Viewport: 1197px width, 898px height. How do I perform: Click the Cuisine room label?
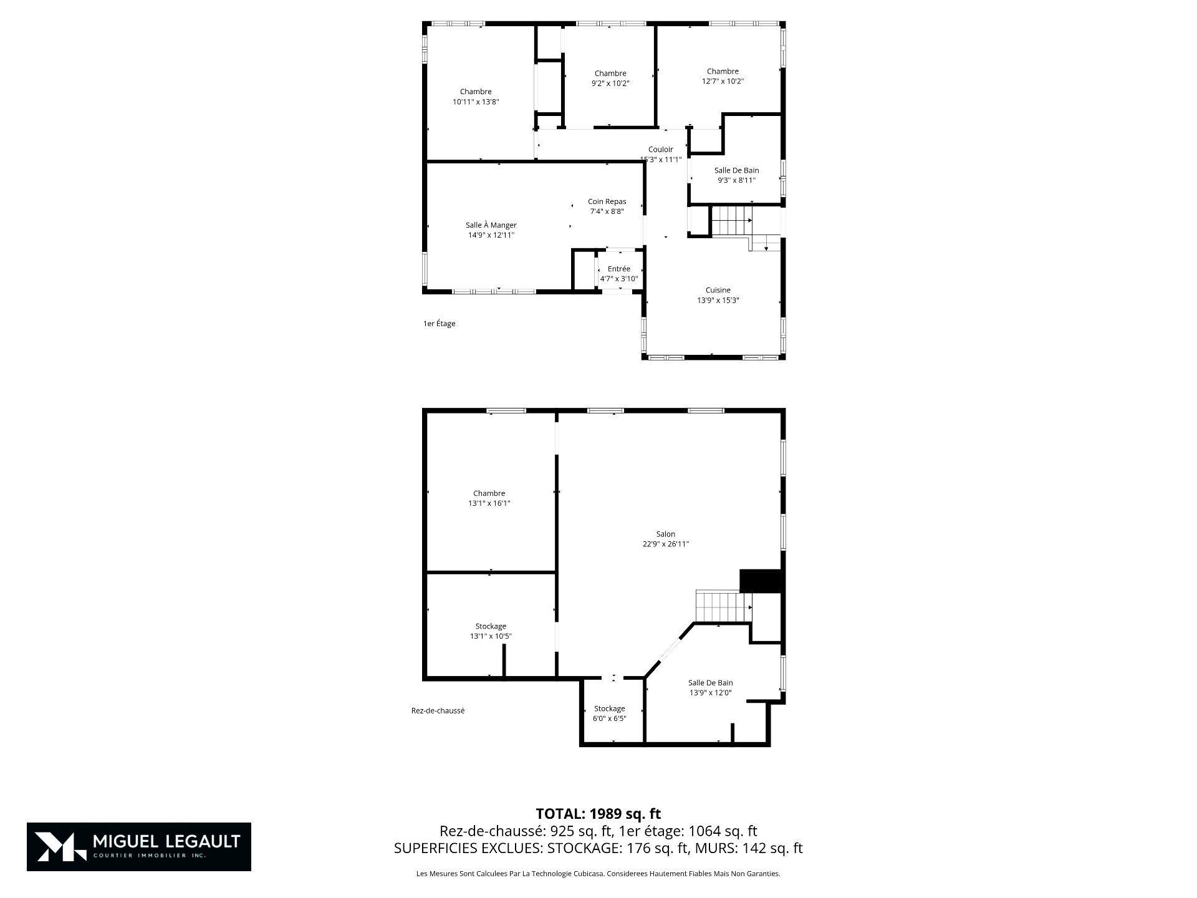tap(718, 290)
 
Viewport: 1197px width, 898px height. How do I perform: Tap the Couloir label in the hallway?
tap(660, 150)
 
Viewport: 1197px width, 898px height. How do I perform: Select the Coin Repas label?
tap(607, 201)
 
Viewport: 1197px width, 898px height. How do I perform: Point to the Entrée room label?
tap(619, 269)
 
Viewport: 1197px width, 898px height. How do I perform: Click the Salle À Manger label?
tap(491, 225)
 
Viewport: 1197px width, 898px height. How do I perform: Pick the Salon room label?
tap(666, 534)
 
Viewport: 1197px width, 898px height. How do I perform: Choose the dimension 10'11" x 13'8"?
tap(476, 102)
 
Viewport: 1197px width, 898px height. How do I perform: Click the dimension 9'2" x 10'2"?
tap(610, 84)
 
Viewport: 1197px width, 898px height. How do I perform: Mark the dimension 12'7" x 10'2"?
tap(723, 81)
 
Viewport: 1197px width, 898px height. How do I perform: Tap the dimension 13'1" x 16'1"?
tap(489, 503)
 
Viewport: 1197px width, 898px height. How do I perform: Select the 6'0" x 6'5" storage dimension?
tap(609, 718)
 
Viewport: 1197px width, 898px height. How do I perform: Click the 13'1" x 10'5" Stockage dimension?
tap(491, 636)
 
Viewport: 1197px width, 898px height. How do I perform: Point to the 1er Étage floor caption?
tap(439, 324)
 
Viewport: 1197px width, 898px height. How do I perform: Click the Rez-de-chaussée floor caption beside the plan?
tap(438, 710)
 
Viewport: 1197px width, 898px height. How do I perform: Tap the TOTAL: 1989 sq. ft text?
tap(598, 814)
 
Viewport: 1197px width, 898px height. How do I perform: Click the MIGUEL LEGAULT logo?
tap(139, 847)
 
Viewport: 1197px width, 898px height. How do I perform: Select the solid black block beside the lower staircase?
tap(761, 581)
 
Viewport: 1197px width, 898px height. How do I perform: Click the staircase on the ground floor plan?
tap(724, 607)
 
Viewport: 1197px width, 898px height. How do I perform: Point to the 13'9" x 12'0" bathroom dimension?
tap(710, 692)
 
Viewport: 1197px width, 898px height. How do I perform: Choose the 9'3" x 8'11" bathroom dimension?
tap(736, 180)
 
